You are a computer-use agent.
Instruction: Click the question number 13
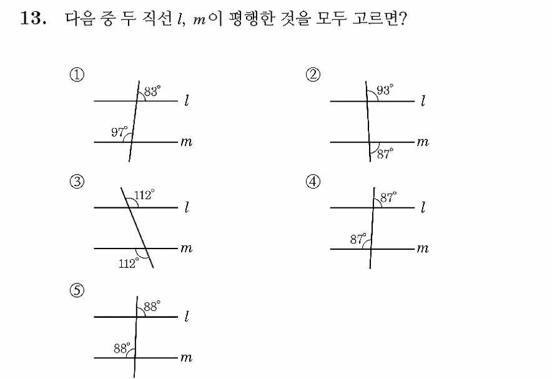(x=33, y=18)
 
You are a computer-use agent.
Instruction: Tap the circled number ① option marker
(x=77, y=75)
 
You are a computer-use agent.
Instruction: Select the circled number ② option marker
(x=313, y=75)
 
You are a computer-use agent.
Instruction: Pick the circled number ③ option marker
(x=77, y=182)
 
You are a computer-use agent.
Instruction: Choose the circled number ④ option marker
(x=313, y=182)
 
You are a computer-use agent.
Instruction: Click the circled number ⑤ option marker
(x=77, y=291)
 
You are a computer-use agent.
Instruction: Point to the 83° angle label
(x=152, y=91)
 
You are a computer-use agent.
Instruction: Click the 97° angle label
(x=119, y=132)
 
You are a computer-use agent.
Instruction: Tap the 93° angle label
(x=385, y=90)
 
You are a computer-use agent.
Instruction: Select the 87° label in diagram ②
(x=385, y=154)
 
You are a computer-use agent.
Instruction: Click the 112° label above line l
(x=144, y=195)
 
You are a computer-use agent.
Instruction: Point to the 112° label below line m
(x=129, y=263)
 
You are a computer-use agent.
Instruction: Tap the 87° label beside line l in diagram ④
(x=388, y=197)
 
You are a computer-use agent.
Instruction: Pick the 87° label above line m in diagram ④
(x=358, y=239)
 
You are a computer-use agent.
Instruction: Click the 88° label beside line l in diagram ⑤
(x=152, y=306)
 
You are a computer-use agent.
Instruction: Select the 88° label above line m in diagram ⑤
(x=122, y=348)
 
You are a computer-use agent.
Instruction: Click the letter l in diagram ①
(x=187, y=101)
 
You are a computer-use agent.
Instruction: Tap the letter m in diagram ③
(x=186, y=249)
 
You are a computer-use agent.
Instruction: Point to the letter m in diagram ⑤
(x=186, y=358)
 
